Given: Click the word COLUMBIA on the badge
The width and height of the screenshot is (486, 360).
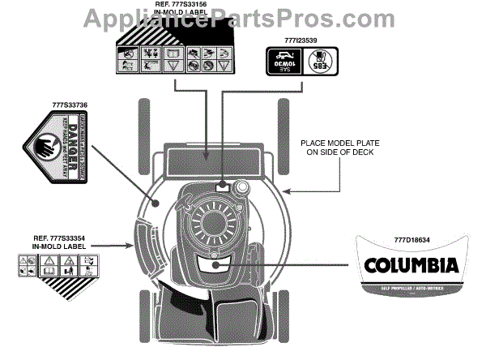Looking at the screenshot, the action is click(411, 266).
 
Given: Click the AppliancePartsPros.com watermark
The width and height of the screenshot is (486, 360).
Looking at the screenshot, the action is click(243, 14).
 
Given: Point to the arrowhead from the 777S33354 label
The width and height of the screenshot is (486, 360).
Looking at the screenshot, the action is click(134, 244).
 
